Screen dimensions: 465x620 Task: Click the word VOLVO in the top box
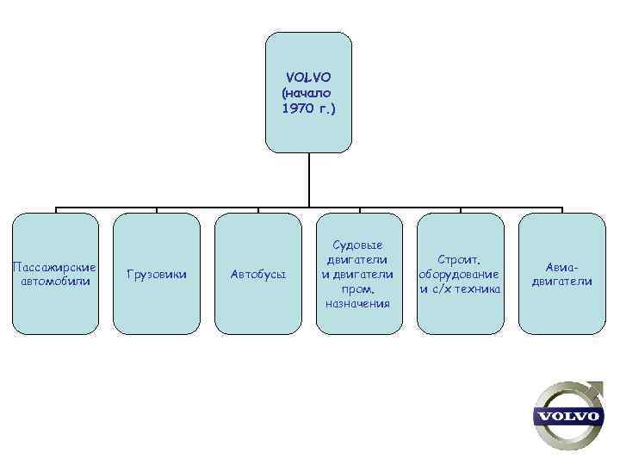(x=308, y=77)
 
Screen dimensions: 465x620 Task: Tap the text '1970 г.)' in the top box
(x=308, y=109)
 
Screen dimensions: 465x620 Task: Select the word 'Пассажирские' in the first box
(x=55, y=266)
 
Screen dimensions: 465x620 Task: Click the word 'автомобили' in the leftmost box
(x=55, y=281)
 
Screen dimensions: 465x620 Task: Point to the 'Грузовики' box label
(x=157, y=274)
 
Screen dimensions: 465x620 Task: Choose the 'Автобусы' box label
(x=257, y=274)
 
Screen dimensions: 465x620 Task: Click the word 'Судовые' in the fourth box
(x=358, y=245)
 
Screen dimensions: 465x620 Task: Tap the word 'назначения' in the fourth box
(x=358, y=303)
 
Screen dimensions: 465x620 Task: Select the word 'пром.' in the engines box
(x=358, y=288)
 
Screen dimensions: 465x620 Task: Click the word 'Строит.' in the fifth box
(x=460, y=259)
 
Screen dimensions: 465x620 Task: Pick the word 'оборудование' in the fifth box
(x=460, y=274)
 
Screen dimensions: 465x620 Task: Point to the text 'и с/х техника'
(x=460, y=288)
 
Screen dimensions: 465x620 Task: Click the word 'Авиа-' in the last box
(x=561, y=266)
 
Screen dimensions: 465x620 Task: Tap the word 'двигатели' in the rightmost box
(x=561, y=281)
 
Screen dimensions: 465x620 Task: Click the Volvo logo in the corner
(x=567, y=416)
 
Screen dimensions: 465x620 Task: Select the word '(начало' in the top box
(x=307, y=93)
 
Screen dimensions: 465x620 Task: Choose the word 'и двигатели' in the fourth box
(x=358, y=274)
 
